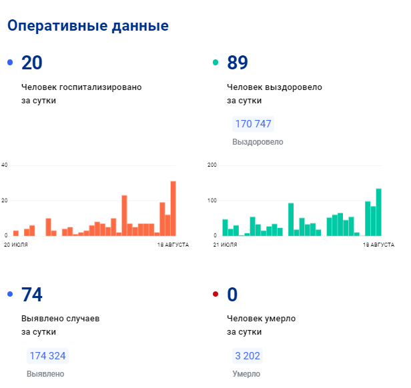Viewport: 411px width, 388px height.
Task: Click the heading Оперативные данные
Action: tap(87, 26)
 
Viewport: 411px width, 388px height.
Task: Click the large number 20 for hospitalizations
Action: tap(32, 63)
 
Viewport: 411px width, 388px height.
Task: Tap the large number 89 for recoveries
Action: tap(238, 63)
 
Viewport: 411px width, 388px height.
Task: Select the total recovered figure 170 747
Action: tap(254, 124)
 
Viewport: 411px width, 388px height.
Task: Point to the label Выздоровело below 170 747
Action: tap(258, 142)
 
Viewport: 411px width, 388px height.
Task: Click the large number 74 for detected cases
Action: tap(32, 295)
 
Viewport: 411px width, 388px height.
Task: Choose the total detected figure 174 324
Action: tap(47, 356)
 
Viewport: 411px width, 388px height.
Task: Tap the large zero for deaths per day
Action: tap(232, 295)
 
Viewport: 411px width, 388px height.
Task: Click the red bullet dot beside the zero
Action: tap(215, 295)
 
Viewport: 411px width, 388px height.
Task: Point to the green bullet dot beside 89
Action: tap(215, 63)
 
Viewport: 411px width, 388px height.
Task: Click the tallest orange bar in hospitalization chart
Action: tap(173, 208)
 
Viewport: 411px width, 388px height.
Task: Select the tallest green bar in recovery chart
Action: tap(378, 212)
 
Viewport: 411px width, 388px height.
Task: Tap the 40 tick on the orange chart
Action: tap(4, 165)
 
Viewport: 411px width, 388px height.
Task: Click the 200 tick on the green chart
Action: tap(212, 165)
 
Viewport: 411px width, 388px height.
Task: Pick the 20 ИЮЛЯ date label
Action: tap(16, 245)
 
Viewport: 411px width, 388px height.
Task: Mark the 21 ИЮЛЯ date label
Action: tap(224, 245)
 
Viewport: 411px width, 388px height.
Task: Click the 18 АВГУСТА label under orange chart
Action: tap(173, 245)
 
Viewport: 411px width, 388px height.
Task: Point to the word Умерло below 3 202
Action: tap(246, 374)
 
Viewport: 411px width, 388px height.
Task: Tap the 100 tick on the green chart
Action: tap(212, 201)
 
